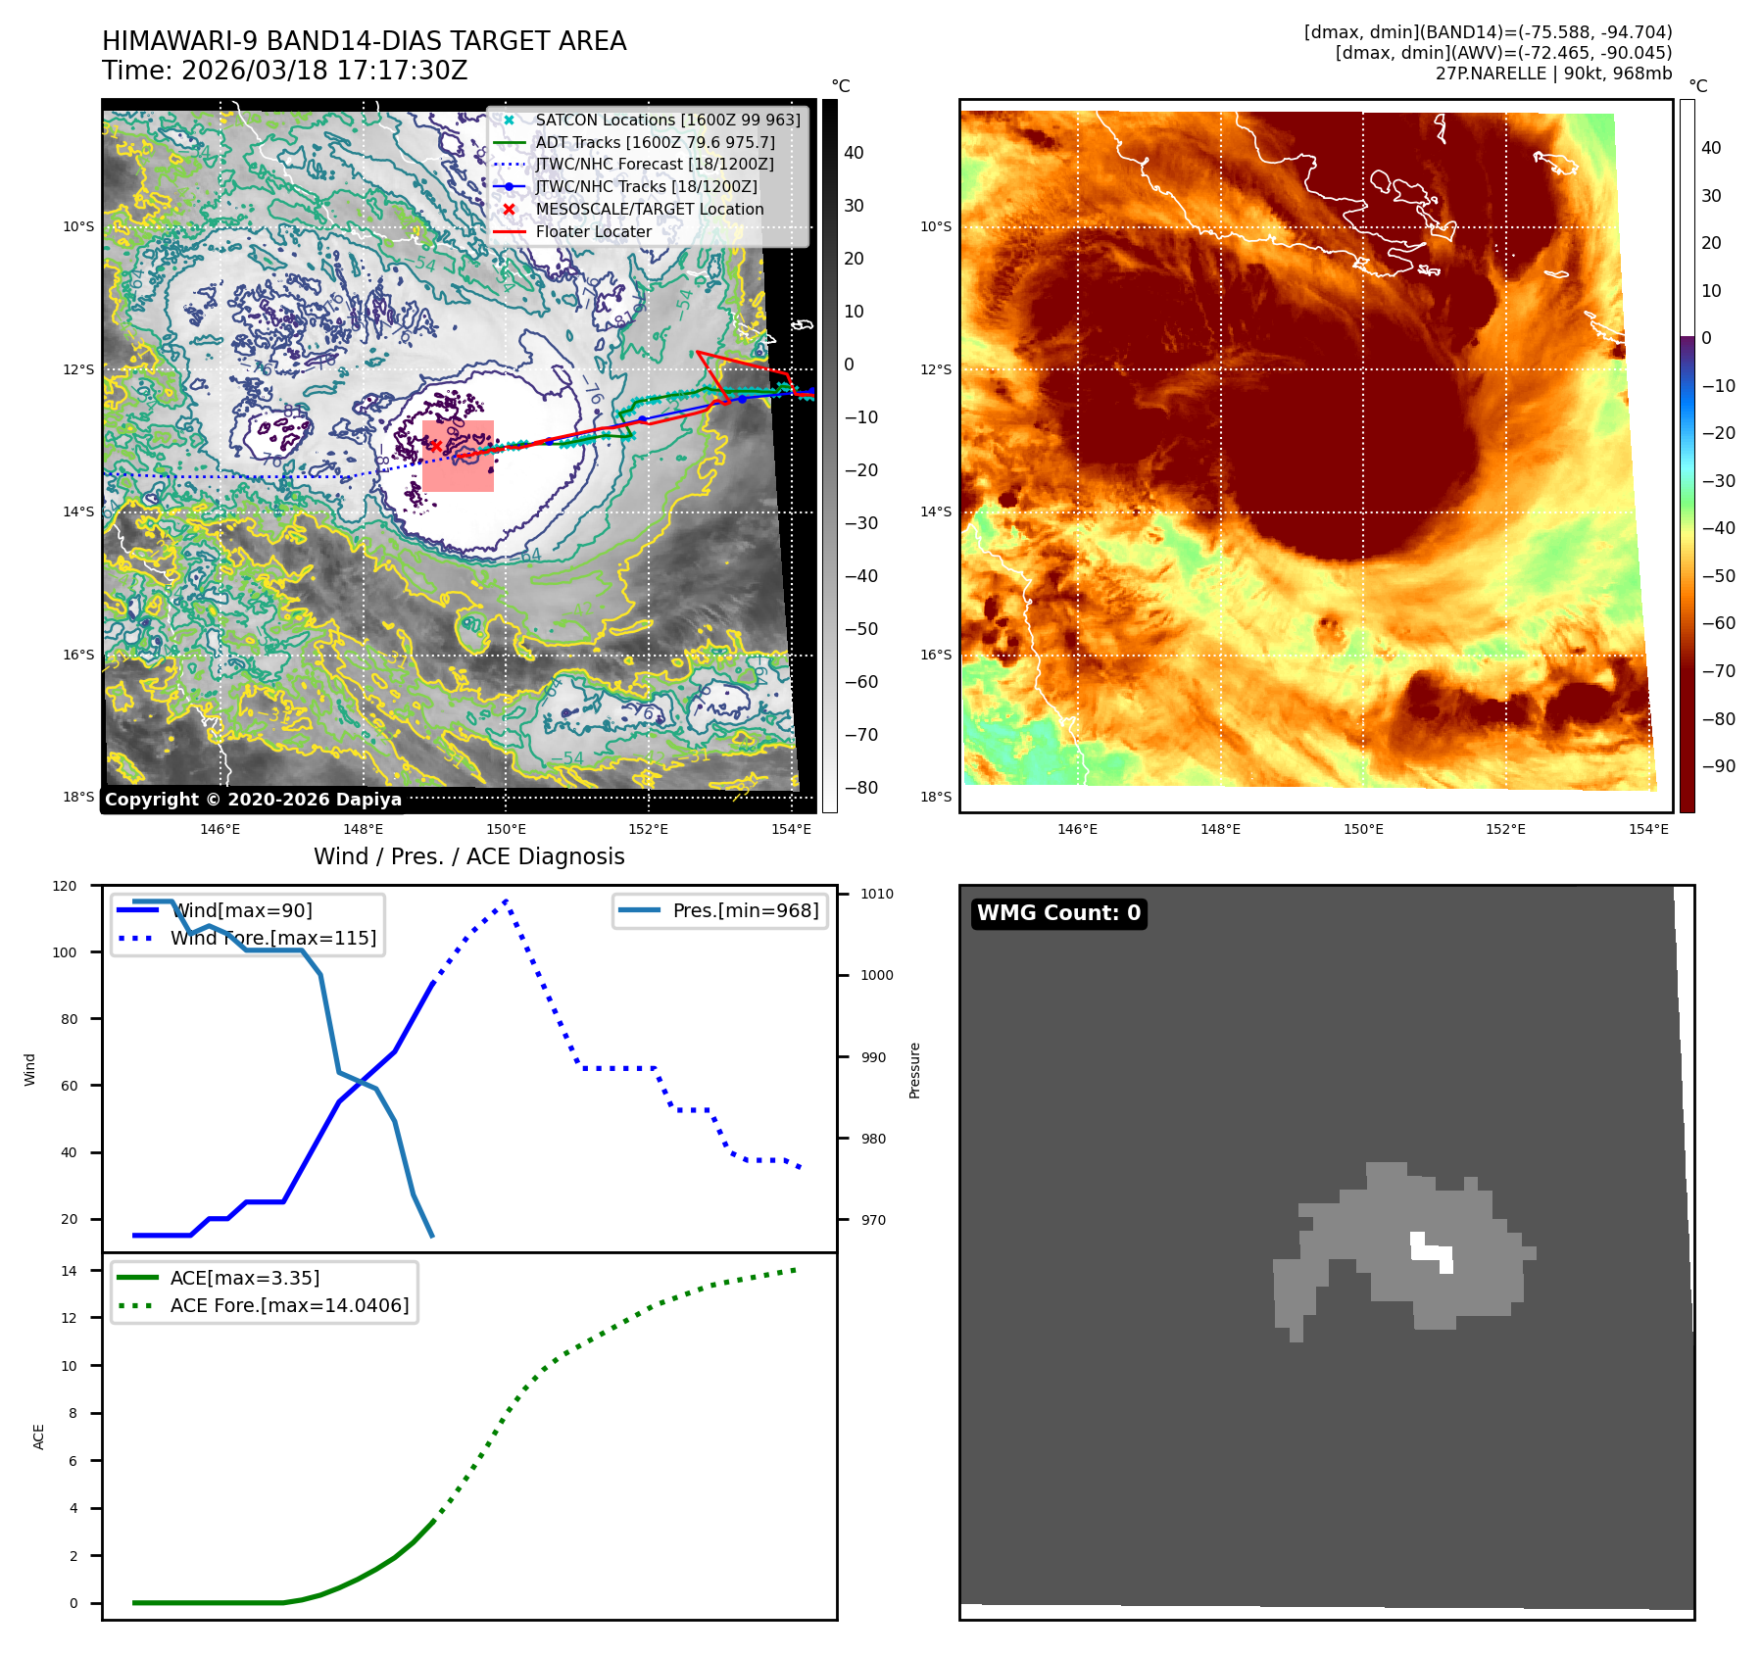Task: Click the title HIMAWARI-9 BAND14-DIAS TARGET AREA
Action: coord(364,41)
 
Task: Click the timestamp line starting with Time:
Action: coord(284,71)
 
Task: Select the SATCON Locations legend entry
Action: coord(667,120)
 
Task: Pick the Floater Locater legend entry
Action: coord(593,231)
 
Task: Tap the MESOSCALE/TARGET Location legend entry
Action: coord(649,209)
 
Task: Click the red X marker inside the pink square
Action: coord(435,446)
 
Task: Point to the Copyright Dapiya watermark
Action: coord(253,800)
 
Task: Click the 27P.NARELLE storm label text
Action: coord(1553,73)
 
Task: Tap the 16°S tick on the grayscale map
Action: coord(78,655)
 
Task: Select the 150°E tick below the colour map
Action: coord(1363,829)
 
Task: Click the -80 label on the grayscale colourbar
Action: coord(861,787)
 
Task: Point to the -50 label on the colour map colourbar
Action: coord(1718,575)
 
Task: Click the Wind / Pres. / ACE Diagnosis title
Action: coord(468,856)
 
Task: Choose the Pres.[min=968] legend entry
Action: coord(745,910)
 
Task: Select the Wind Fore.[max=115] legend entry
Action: coord(272,938)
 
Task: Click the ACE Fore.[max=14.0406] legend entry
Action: coord(289,1305)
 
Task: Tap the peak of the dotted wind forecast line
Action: coord(506,900)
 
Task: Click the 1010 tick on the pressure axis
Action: coord(876,894)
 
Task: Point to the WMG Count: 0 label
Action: coord(1058,913)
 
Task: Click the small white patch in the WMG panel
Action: coord(1432,1251)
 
